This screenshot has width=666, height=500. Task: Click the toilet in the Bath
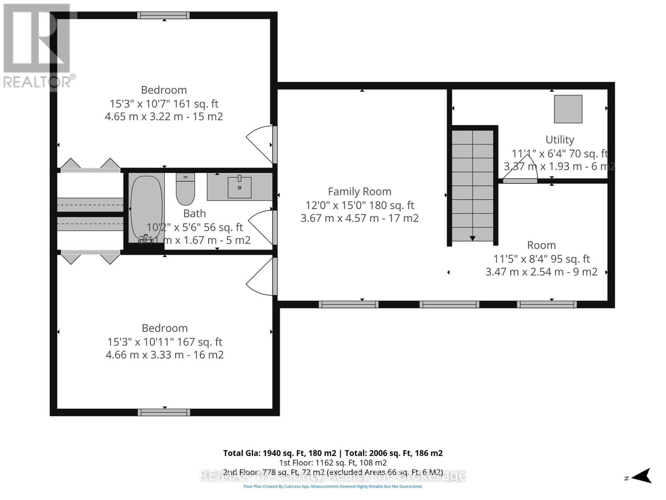point(185,190)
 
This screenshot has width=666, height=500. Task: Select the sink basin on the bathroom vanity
point(240,187)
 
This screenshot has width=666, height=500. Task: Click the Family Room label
point(360,192)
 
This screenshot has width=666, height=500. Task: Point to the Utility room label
point(560,140)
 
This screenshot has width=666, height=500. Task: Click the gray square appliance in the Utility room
point(568,109)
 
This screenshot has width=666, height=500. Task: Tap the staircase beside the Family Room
point(472,183)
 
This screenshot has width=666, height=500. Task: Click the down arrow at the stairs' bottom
point(472,238)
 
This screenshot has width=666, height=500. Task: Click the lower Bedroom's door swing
point(260,277)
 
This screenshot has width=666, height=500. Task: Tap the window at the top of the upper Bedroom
point(164,15)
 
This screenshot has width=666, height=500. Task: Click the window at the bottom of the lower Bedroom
point(164,412)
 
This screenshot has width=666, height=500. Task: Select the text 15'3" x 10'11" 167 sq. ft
point(165,342)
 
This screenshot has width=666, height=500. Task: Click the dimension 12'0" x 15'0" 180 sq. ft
point(360,205)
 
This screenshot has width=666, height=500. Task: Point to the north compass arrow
point(643,476)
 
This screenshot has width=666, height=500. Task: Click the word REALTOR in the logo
point(37,82)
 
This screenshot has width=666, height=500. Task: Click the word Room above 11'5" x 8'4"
point(541,245)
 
